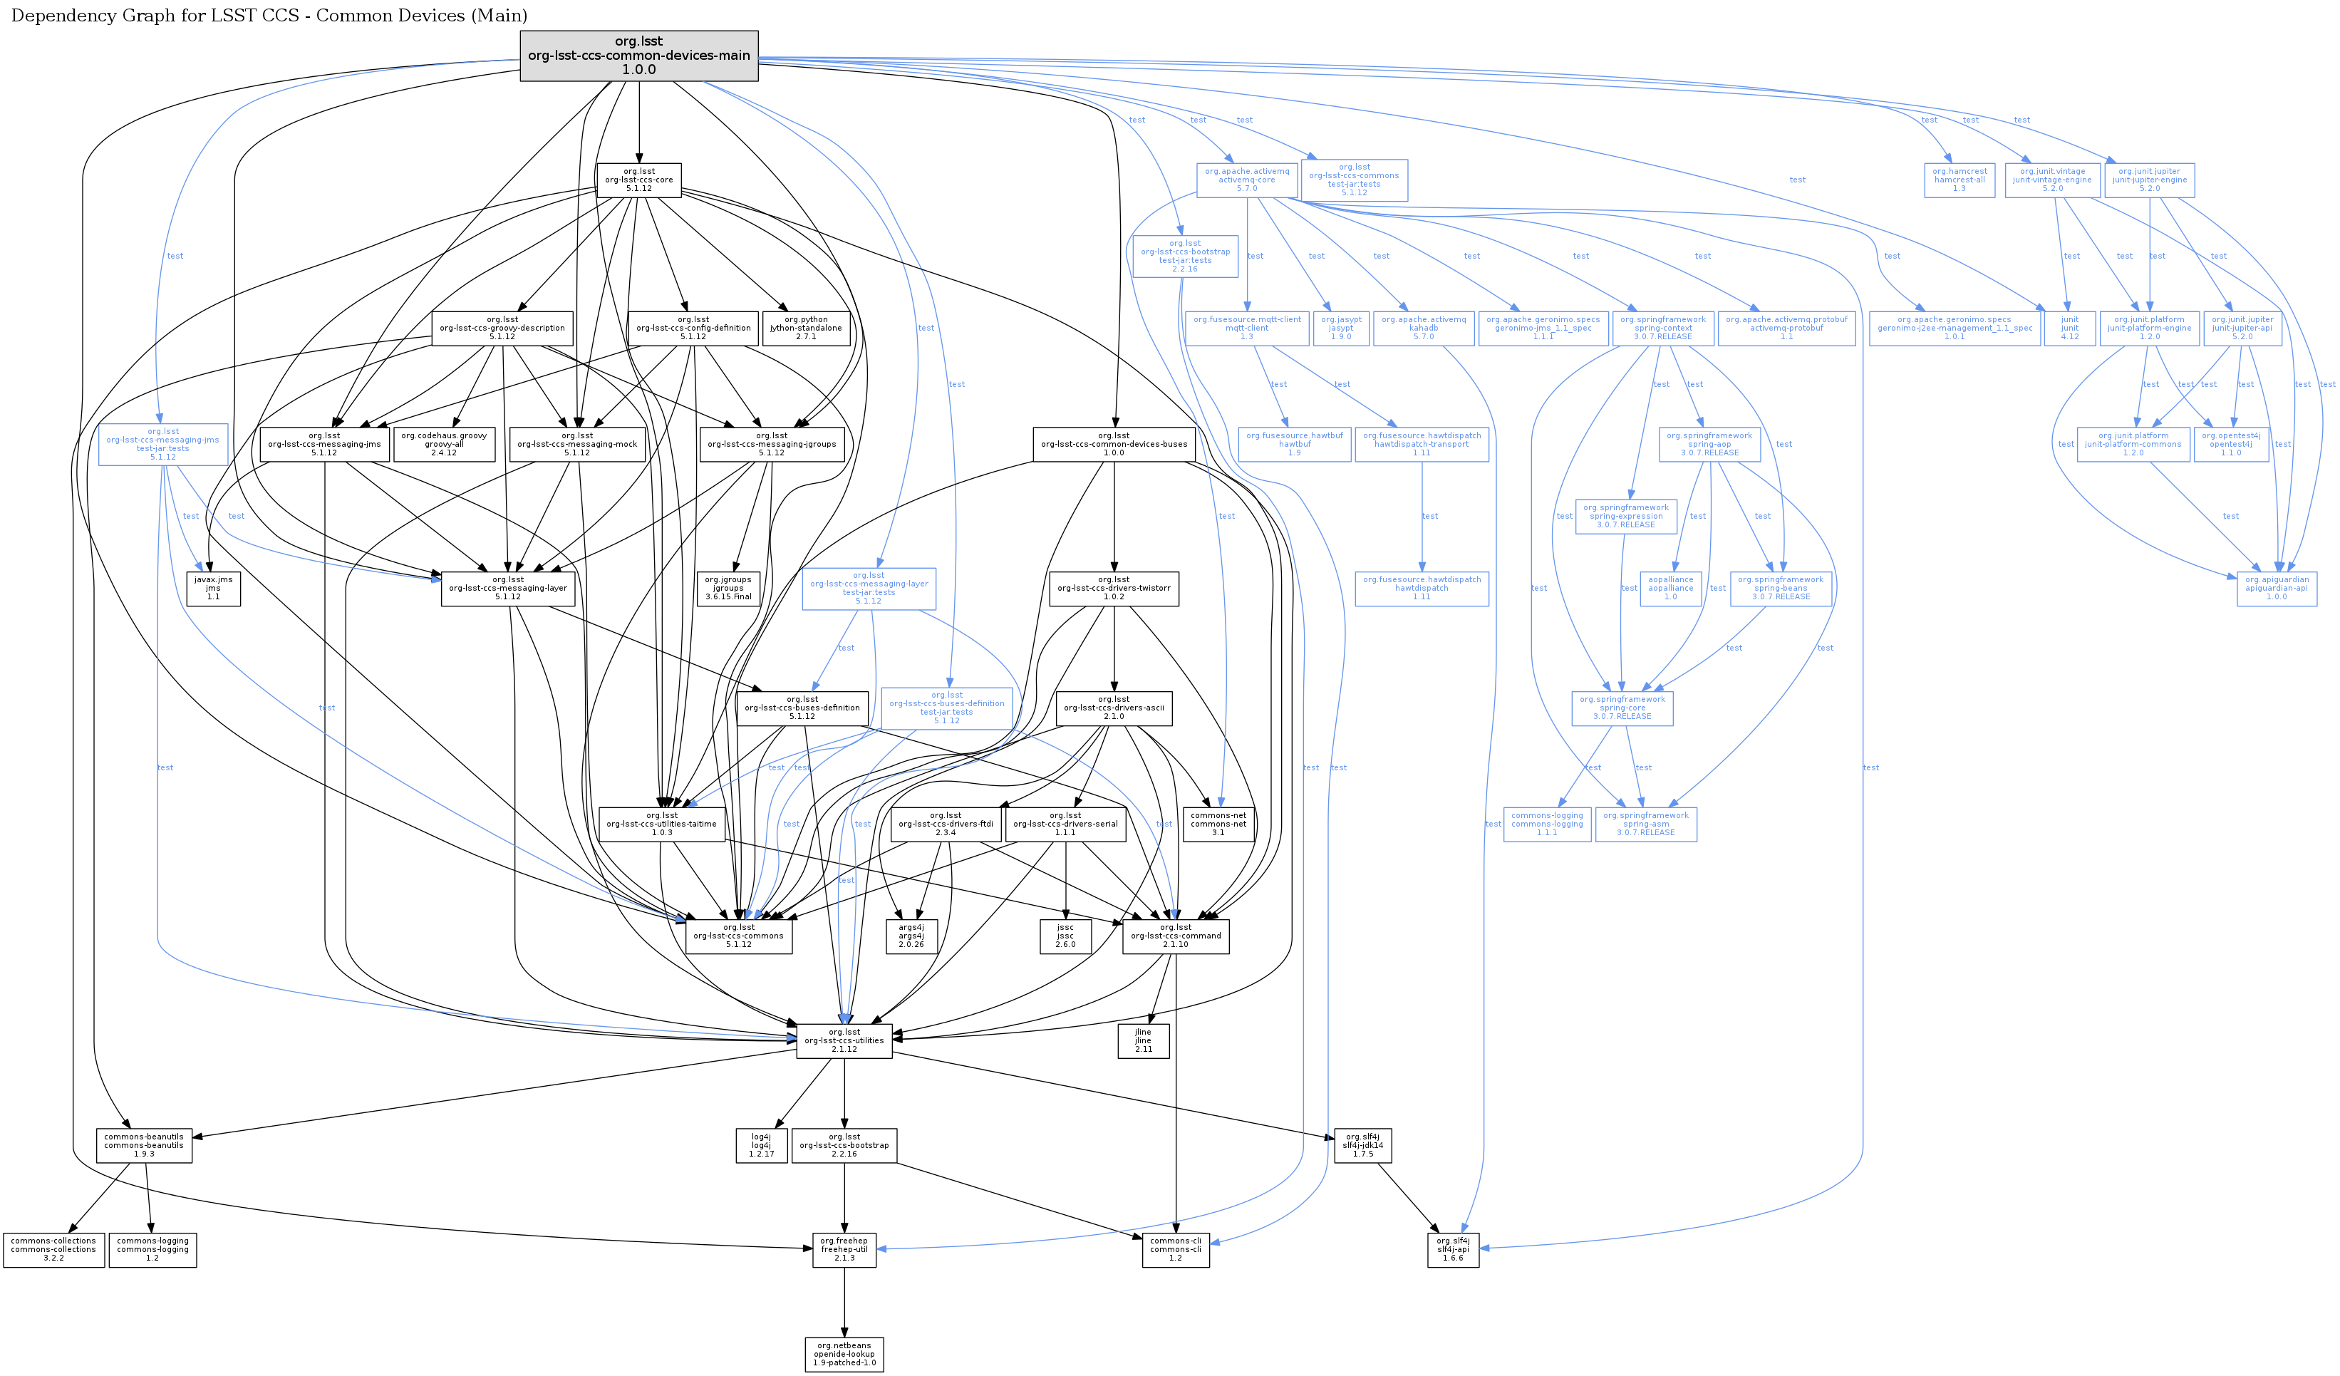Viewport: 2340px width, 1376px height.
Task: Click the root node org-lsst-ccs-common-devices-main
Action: click(639, 56)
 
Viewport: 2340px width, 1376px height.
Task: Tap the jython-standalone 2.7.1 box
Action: click(806, 328)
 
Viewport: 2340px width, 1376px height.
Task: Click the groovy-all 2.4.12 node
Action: click(444, 444)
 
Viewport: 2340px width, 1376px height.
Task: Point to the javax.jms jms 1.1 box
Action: click(214, 588)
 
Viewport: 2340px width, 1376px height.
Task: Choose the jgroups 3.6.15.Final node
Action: click(728, 588)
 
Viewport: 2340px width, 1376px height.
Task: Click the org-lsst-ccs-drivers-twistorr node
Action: click(1114, 588)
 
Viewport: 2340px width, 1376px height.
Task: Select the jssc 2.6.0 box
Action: click(1065, 936)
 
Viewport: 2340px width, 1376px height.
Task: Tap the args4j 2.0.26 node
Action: click(911, 936)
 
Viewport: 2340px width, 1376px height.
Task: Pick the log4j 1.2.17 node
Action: click(762, 1145)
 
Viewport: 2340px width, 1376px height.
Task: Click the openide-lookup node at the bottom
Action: click(844, 1354)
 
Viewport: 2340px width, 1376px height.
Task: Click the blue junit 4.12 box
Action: click(2070, 328)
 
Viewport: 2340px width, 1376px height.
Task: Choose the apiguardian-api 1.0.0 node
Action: click(2277, 588)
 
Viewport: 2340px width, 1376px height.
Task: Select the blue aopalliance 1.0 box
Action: click(1670, 588)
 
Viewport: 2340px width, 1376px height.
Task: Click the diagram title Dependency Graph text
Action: click(269, 16)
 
